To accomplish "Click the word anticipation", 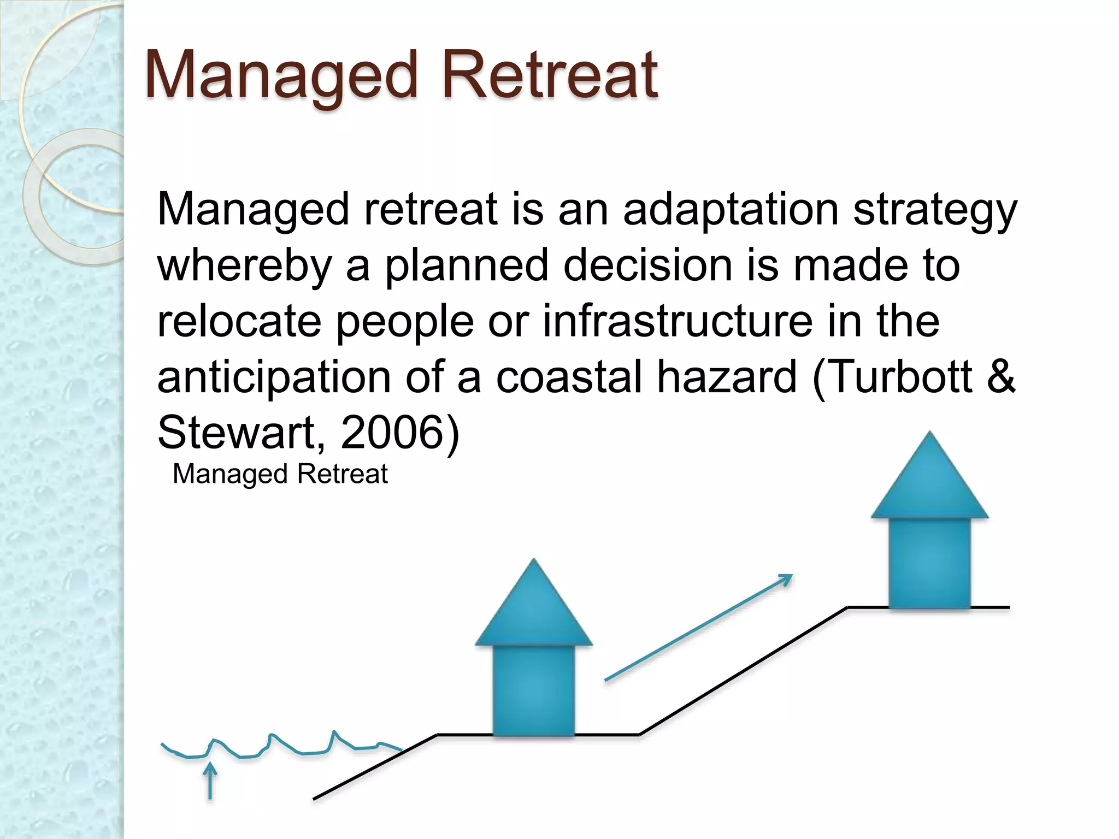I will click(274, 377).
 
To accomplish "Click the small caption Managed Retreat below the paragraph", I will click(280, 474).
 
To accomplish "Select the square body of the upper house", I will click(929, 563).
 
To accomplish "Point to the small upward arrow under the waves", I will click(210, 781).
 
